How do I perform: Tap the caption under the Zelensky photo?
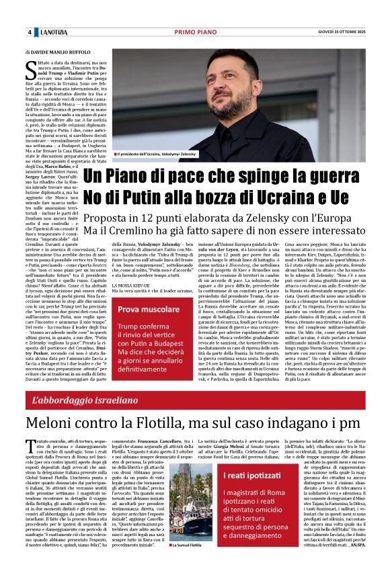pyautogui.click(x=157, y=154)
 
